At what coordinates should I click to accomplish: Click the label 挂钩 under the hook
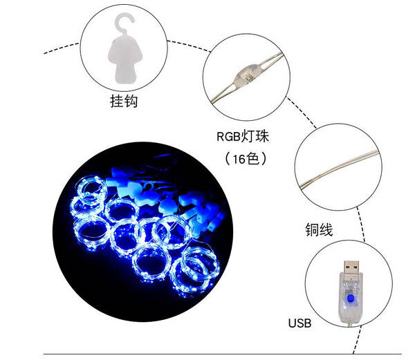click(x=124, y=102)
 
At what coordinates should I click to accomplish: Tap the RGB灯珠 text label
click(x=243, y=136)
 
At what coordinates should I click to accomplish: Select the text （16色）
click(x=246, y=159)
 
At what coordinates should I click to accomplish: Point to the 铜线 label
click(x=319, y=229)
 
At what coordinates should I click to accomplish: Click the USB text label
click(x=299, y=323)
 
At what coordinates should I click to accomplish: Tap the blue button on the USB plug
click(x=351, y=299)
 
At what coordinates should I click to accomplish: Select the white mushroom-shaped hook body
click(x=125, y=59)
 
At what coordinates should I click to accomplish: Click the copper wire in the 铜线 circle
click(x=339, y=169)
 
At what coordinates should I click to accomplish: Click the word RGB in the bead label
click(x=228, y=137)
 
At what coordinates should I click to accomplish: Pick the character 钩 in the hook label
click(x=131, y=102)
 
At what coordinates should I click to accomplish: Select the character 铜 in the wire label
click(x=312, y=229)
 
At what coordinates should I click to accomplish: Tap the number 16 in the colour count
click(x=239, y=159)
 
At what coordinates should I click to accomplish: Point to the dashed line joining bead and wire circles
click(x=302, y=113)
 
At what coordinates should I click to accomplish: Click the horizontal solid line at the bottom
click(x=222, y=354)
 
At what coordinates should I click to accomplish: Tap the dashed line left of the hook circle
click(x=62, y=48)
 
